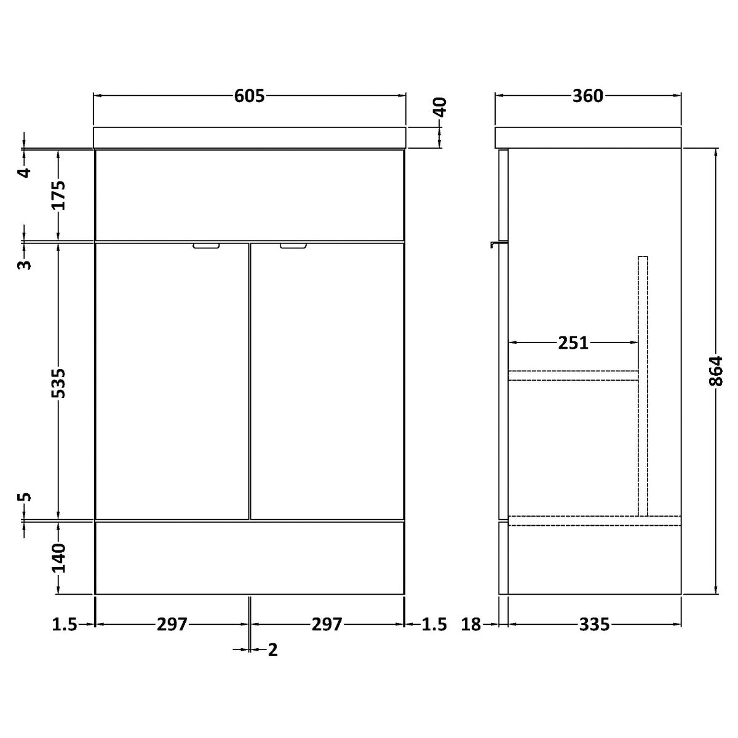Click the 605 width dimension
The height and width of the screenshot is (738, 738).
point(249,96)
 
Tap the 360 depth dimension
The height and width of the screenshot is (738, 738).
point(588,96)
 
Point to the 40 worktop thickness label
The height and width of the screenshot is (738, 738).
point(440,107)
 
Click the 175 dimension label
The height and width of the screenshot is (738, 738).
point(58,196)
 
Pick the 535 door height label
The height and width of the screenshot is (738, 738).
point(58,383)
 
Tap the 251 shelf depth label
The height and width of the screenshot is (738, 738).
point(573,343)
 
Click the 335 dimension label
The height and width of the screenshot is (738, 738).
point(594,625)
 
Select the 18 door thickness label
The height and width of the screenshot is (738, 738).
point(471,625)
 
